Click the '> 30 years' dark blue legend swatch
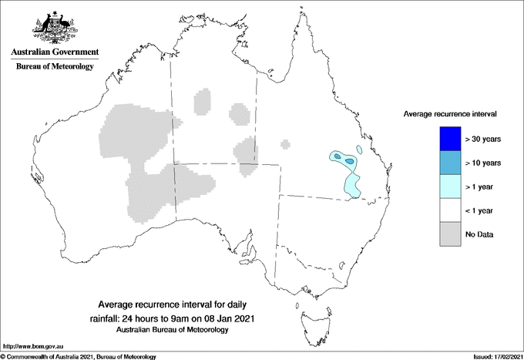click(x=446, y=139)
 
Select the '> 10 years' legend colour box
click(x=446, y=163)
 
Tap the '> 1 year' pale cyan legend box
click(x=446, y=187)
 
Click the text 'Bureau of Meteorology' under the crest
click(x=54, y=66)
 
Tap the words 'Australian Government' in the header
click(x=54, y=52)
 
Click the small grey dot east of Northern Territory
click(x=285, y=143)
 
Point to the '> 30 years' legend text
click(x=483, y=139)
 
